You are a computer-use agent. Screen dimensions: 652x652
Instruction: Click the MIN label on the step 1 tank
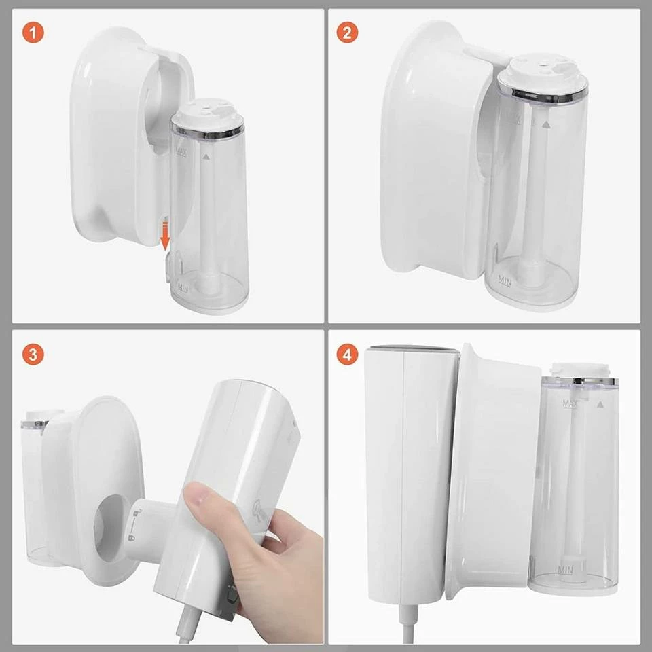coord(182,287)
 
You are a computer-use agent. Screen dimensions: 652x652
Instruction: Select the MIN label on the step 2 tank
coord(505,280)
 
